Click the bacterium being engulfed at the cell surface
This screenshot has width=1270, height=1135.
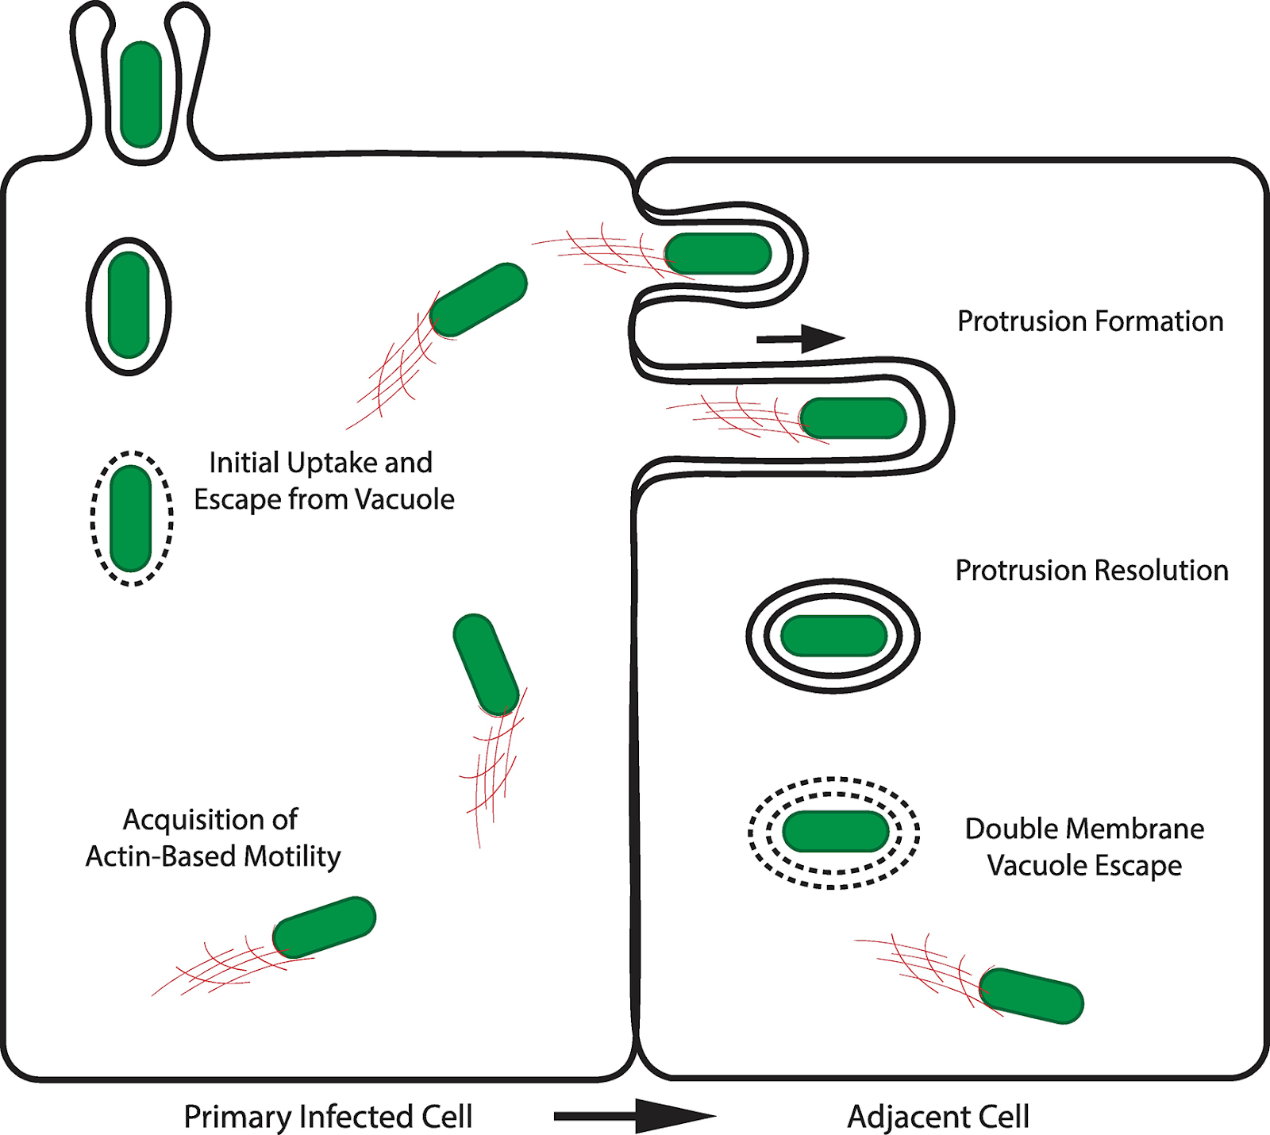pyautogui.click(x=141, y=94)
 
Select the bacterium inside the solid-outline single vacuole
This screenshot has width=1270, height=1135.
pyautogui.click(x=129, y=306)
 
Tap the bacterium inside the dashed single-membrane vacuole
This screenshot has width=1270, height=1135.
pyautogui.click(x=131, y=518)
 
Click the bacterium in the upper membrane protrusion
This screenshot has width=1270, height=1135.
pyautogui.click(x=718, y=254)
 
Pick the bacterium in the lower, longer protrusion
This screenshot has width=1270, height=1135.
pyautogui.click(x=853, y=418)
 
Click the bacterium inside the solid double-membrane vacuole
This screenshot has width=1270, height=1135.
pyautogui.click(x=833, y=636)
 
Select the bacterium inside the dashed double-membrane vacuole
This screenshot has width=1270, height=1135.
pyautogui.click(x=835, y=832)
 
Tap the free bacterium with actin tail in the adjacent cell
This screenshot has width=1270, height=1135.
pyautogui.click(x=1030, y=995)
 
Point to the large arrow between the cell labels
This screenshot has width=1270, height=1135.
pyautogui.click(x=635, y=1116)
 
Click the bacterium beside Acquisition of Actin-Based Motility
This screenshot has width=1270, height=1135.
pyautogui.click(x=324, y=927)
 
